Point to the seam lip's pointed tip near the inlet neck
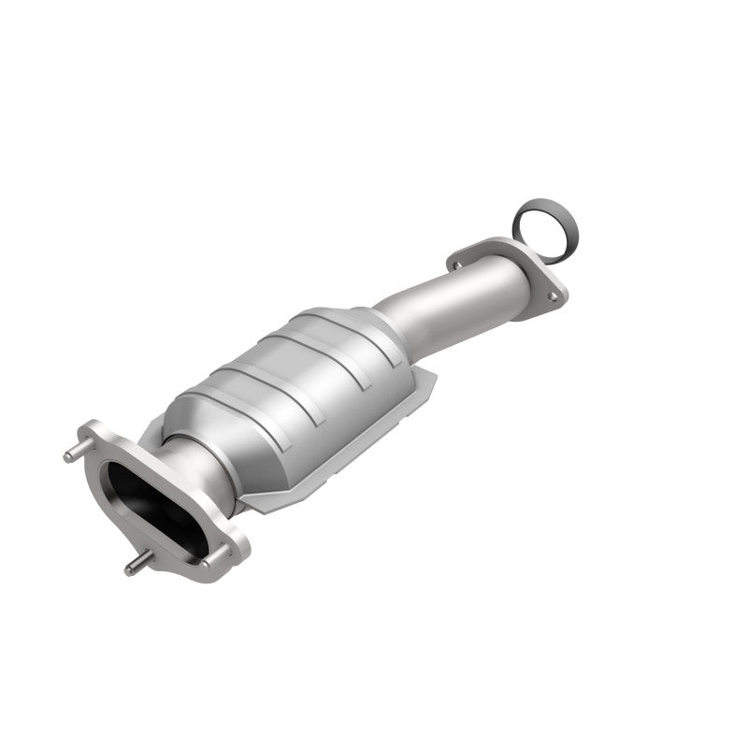click(x=245, y=505)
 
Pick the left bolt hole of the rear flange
click(x=457, y=264)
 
